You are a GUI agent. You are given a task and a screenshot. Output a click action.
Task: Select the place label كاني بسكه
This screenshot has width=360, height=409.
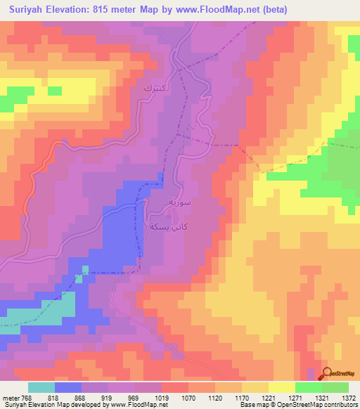[x=164, y=226]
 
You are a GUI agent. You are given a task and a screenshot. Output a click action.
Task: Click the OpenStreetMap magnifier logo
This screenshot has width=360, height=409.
[x=328, y=373]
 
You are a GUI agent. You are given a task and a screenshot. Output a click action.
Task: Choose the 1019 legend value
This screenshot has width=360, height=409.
[x=162, y=397]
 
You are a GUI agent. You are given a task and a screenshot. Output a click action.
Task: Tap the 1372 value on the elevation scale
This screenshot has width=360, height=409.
[x=349, y=397]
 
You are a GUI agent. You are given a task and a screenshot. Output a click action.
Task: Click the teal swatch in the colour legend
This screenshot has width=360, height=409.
[x=41, y=387]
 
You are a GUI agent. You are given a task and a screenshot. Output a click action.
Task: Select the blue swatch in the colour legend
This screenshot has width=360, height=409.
[x=68, y=387]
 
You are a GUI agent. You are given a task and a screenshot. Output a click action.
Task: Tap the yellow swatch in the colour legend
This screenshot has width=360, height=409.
[x=282, y=387]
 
